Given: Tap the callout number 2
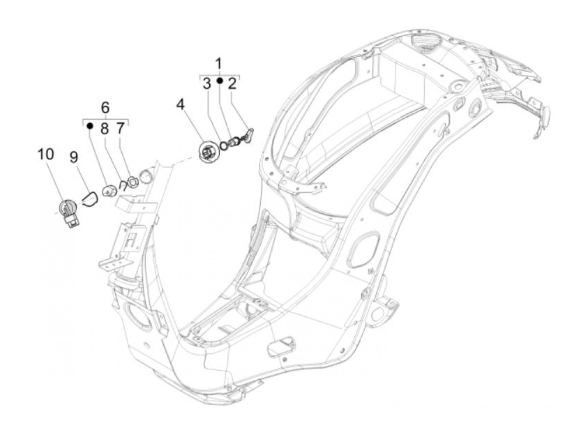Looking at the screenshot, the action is [232, 84].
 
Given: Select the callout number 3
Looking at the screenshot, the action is [207, 84].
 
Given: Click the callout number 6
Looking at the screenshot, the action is [106, 108].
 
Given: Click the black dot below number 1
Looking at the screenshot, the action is [220, 81].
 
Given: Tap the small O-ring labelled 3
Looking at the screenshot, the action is [224, 145].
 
